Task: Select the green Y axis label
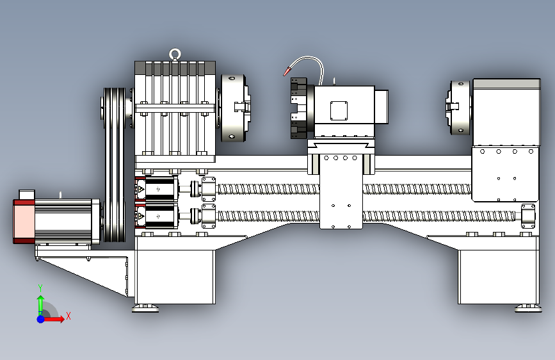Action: point(40,288)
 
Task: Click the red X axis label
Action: point(68,316)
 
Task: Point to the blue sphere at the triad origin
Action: point(41,319)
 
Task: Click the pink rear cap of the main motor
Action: point(24,222)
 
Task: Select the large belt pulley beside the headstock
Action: point(115,165)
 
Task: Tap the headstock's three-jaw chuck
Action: point(235,108)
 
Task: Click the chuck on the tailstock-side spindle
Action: point(459,108)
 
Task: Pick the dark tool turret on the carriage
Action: point(298,108)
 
